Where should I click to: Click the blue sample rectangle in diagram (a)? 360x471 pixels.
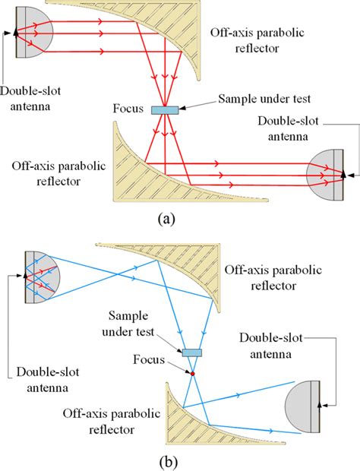point(164,110)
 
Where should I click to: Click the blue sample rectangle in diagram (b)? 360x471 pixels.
point(191,352)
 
